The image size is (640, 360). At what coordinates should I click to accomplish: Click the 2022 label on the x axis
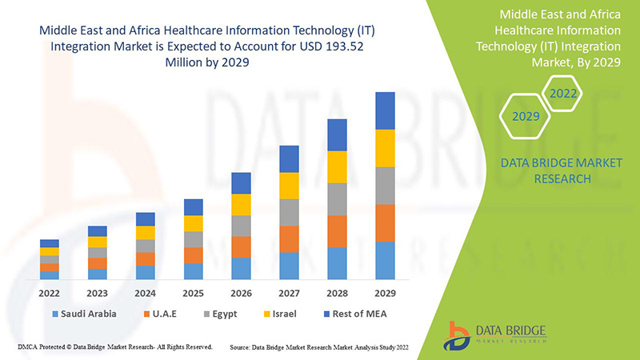point(50,292)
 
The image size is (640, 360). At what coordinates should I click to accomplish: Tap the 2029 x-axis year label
point(385,292)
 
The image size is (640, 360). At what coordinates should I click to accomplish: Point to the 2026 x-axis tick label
point(241,292)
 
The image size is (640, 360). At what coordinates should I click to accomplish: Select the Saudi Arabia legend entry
point(84,314)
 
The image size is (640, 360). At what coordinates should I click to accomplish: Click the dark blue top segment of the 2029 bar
point(385,110)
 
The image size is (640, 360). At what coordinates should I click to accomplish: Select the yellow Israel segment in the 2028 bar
point(337,166)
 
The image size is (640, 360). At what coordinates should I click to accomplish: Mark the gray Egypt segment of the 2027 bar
point(289,212)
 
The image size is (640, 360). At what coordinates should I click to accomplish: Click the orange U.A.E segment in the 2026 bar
point(241,246)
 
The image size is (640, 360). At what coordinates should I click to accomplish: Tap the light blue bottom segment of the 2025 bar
point(193,271)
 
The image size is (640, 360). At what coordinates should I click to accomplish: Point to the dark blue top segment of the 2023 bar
point(98,231)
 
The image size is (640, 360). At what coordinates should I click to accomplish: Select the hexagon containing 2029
point(526,117)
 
